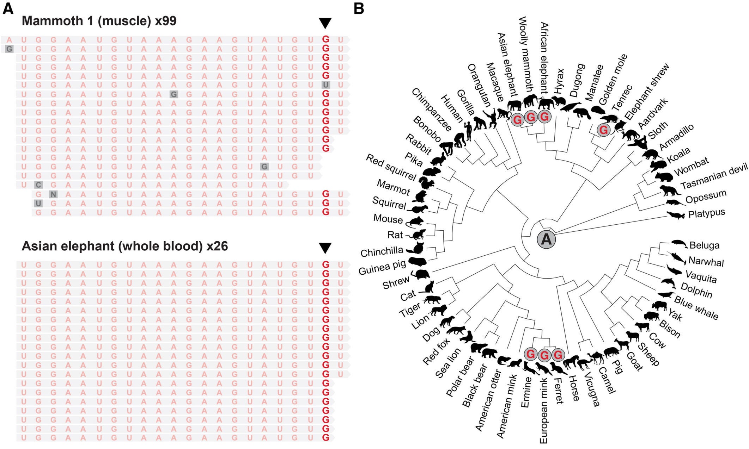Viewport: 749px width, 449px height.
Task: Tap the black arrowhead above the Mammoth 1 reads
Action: (x=325, y=23)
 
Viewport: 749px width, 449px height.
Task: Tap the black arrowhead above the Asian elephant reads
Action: (x=325, y=248)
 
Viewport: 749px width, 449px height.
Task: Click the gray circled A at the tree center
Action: (x=546, y=239)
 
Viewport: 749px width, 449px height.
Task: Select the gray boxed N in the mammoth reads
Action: (x=53, y=194)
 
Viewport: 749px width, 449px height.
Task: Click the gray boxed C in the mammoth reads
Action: (x=38, y=185)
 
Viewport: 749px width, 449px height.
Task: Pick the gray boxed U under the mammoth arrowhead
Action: (x=325, y=85)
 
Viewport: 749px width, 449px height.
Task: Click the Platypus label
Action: (x=706, y=213)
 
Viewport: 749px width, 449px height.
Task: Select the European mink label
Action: (x=543, y=411)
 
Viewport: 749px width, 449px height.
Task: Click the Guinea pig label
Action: (x=382, y=267)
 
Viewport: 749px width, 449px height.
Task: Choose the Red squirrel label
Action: (x=391, y=167)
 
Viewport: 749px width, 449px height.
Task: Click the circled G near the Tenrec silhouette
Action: (x=604, y=130)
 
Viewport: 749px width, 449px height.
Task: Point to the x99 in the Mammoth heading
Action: (x=165, y=21)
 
